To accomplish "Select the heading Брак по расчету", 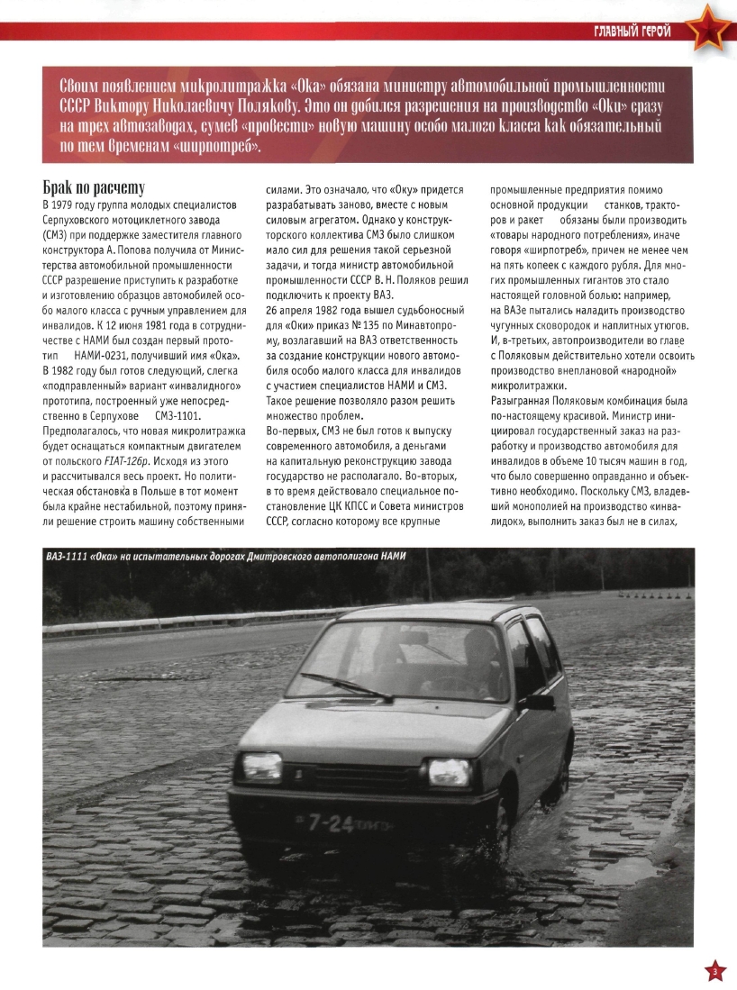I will (x=94, y=188).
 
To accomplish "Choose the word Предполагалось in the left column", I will (x=87, y=431).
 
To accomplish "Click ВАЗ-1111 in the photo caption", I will (x=69, y=557).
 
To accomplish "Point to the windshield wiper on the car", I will (x=346, y=686).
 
